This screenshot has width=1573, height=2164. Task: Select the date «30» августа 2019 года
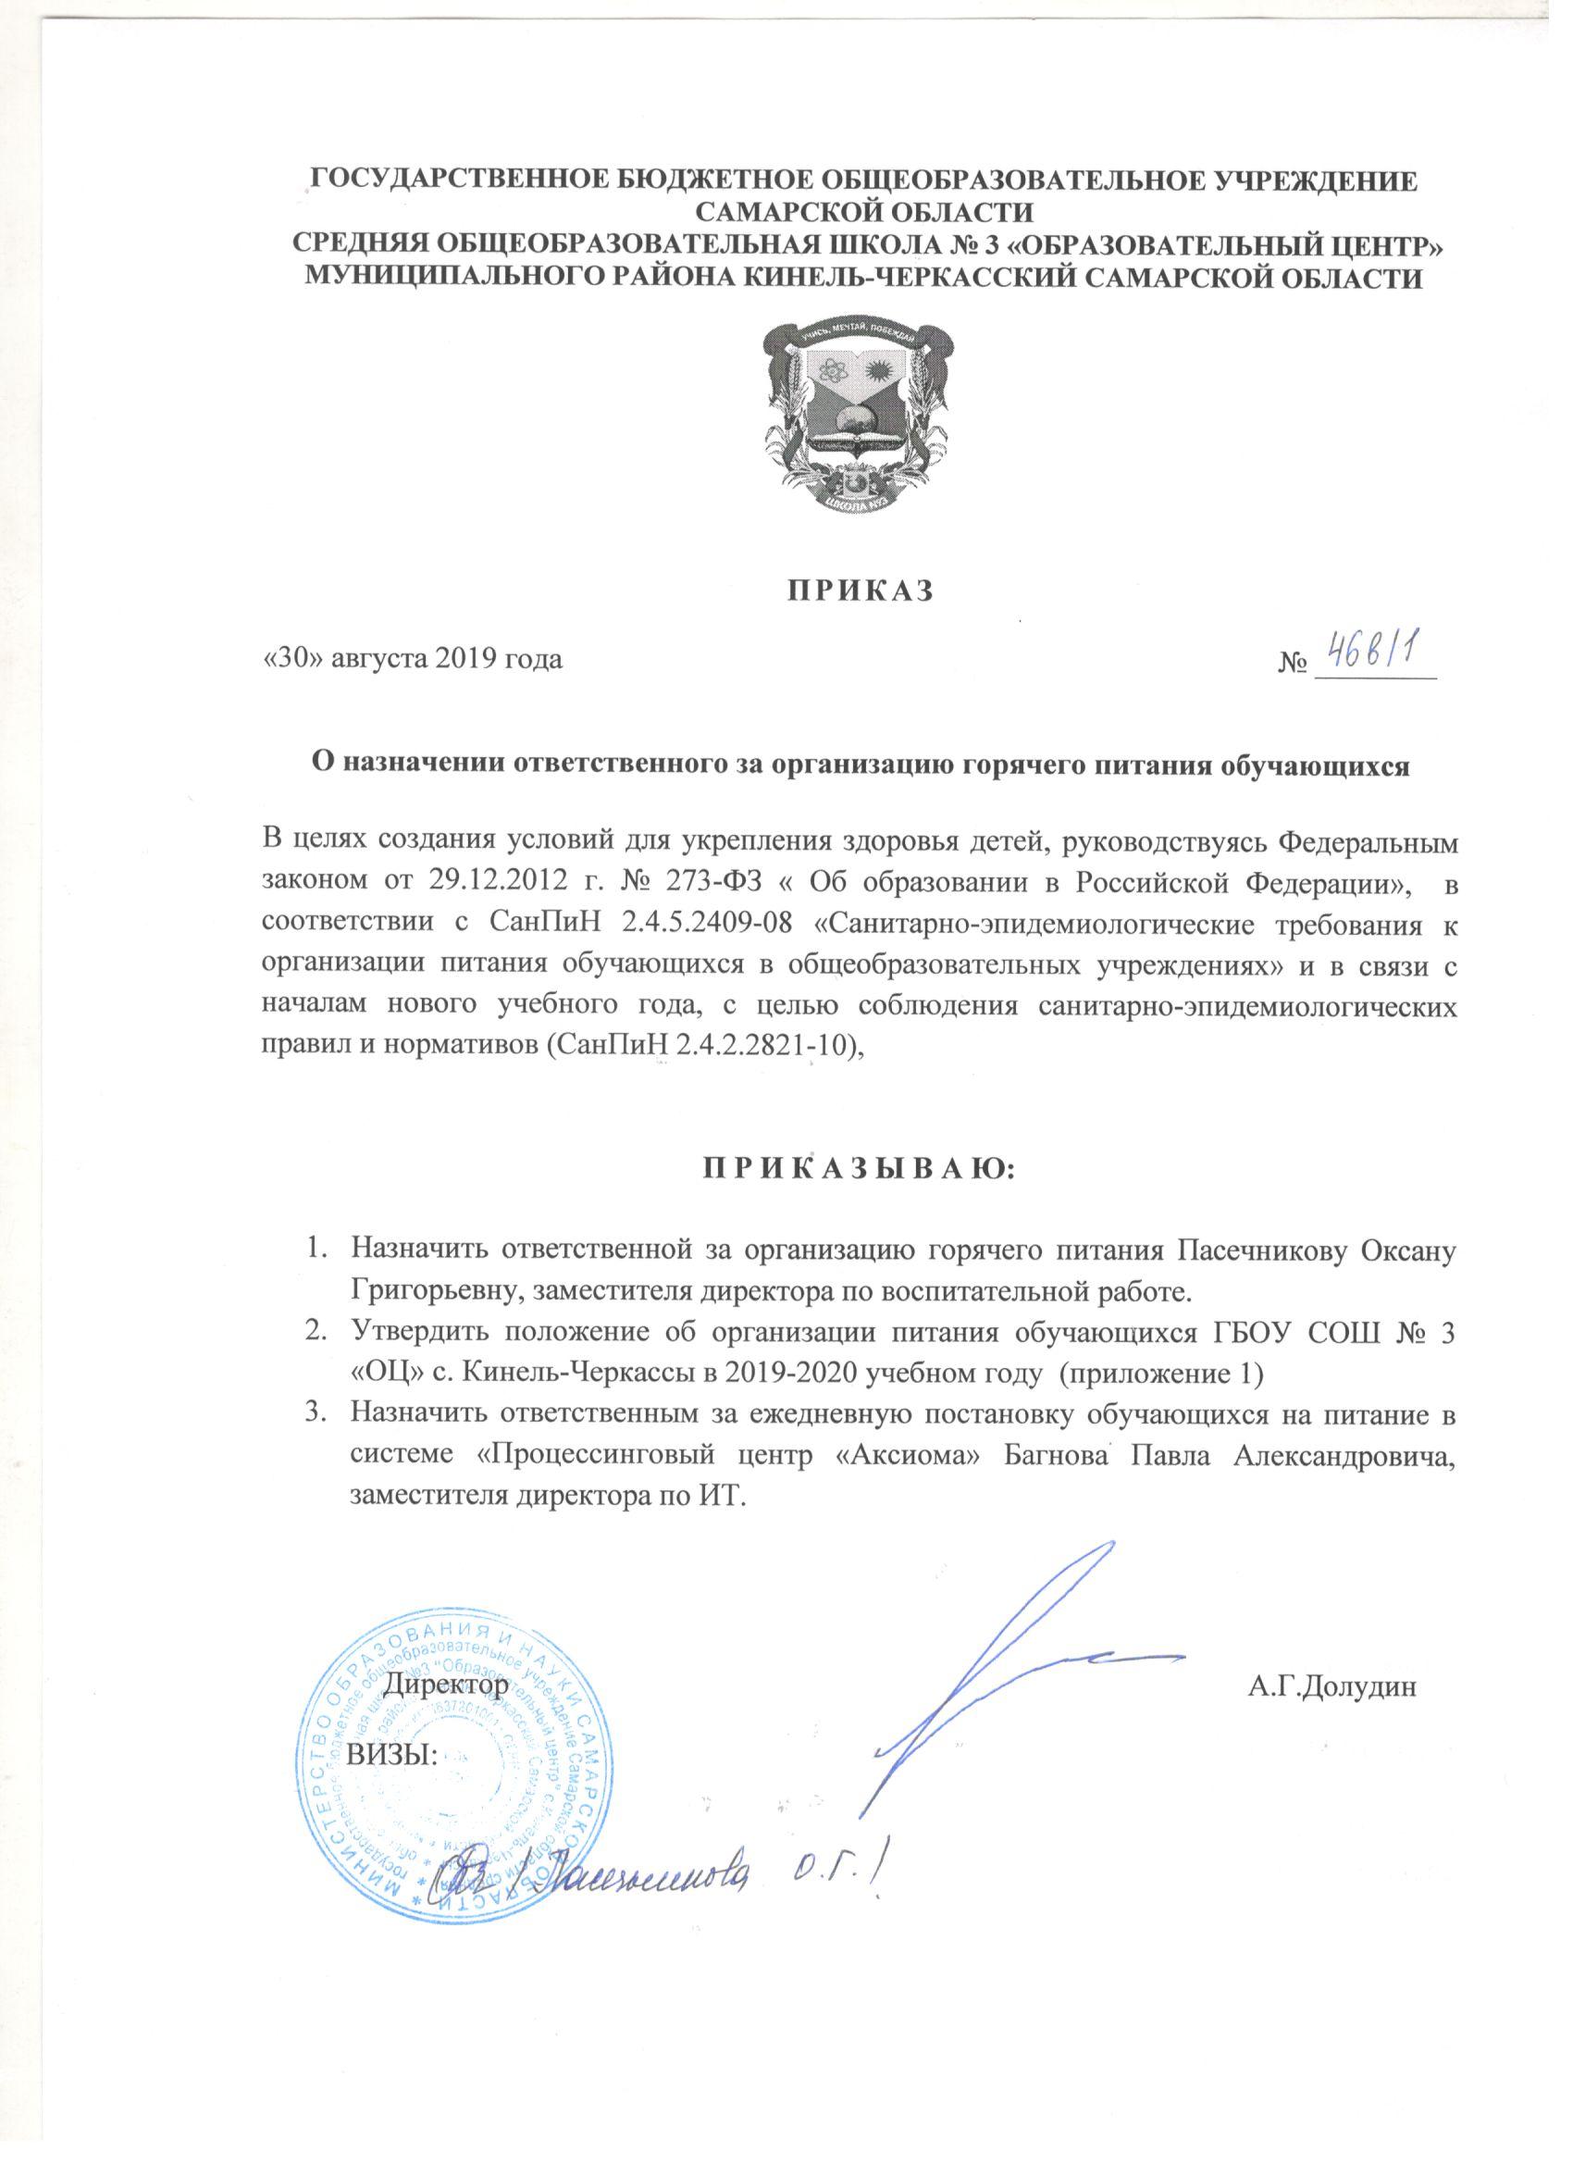tap(412, 660)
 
